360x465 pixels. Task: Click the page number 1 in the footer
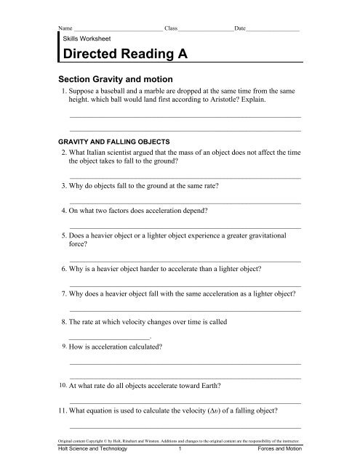tap(179, 448)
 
